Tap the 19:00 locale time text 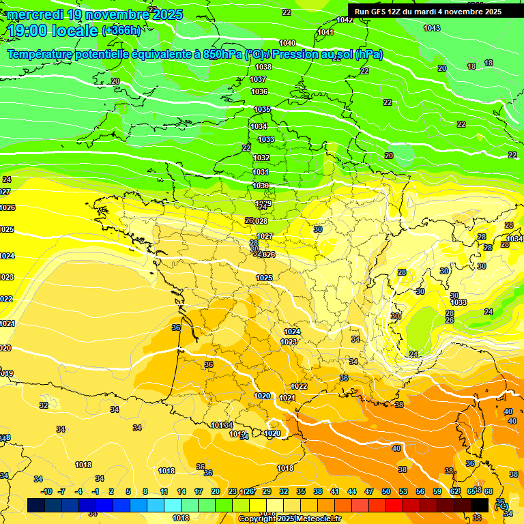(x=53, y=31)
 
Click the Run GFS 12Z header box (x=428, y=11)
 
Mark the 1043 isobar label (x=431, y=28)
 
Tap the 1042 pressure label (x=345, y=20)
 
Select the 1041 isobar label (x=325, y=33)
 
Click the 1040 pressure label (x=287, y=43)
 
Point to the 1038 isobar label (x=263, y=67)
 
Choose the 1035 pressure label (x=262, y=109)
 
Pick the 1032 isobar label (x=261, y=158)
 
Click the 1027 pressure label (x=265, y=236)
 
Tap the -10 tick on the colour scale (x=46, y=491)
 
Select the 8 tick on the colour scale (x=145, y=491)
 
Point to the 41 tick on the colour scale (x=335, y=491)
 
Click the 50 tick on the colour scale (x=386, y=491)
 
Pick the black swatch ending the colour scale (x=480, y=505)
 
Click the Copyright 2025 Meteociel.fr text (x=289, y=519)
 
